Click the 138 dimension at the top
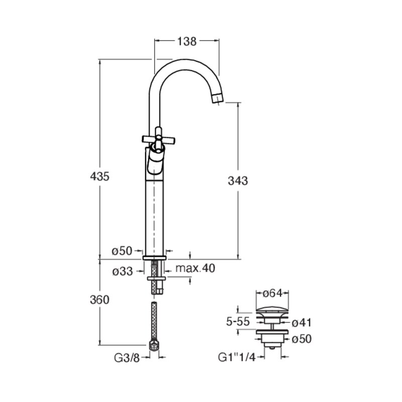[187, 41]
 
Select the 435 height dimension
[99, 176]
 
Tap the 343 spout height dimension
[238, 181]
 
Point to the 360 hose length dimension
[99, 299]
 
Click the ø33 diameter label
[123, 271]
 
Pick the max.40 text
[195, 268]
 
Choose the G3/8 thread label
[127, 358]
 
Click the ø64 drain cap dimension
[272, 293]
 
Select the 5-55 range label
[238, 322]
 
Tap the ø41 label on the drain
[301, 323]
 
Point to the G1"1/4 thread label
[237, 357]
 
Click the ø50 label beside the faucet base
[122, 251]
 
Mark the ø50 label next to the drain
[301, 339]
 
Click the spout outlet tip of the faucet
[218, 98]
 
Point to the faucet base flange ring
[154, 258]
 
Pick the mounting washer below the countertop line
[156, 278]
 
